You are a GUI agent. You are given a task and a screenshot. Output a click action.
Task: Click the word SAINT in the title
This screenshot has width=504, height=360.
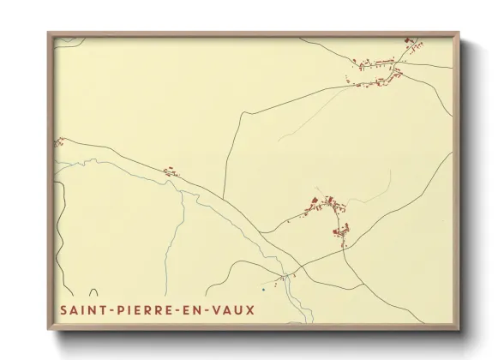tap(83, 308)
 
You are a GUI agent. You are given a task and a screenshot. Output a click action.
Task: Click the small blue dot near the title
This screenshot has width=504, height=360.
tap(263, 289)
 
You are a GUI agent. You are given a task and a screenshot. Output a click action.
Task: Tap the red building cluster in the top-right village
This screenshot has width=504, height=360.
tap(377, 74)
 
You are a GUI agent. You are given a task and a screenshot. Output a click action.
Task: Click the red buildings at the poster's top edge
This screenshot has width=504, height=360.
tap(411, 40)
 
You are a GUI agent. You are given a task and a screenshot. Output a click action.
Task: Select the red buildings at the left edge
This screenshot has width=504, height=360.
tap(59, 142)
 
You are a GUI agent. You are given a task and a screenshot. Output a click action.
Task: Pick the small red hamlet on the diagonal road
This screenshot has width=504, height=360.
tap(170, 171)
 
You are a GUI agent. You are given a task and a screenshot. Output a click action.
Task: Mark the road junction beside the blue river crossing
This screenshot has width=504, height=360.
tap(292, 275)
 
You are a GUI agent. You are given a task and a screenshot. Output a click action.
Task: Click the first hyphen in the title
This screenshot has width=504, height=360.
tap(110, 309)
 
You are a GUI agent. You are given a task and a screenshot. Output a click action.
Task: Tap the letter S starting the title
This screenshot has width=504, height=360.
tap(63, 308)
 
